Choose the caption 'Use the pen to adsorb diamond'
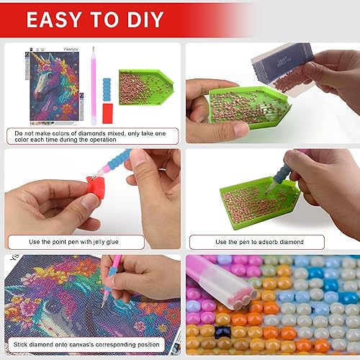coord(270,242)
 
